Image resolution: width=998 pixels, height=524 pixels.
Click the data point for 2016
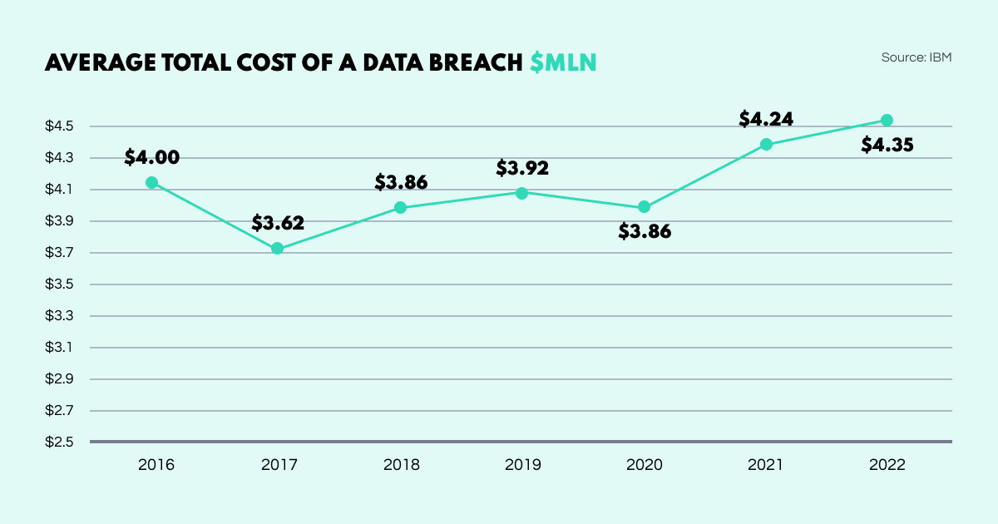(151, 182)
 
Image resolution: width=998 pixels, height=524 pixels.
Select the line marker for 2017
(278, 248)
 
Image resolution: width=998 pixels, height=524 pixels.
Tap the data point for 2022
(887, 120)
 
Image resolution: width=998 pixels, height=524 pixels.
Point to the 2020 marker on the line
(644, 207)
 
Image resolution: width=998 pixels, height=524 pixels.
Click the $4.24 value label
(766, 118)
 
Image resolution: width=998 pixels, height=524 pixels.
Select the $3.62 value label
(278, 222)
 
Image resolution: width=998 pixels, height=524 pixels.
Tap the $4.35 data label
(887, 145)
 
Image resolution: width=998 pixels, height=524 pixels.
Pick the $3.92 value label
(522, 168)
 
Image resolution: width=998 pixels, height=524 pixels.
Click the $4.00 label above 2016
(151, 156)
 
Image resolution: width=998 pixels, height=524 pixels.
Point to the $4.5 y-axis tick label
(60, 126)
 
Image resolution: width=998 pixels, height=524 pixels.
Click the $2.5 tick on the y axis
(60, 442)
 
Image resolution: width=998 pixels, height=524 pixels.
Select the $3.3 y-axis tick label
(60, 316)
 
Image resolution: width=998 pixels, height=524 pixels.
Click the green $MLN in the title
(563, 62)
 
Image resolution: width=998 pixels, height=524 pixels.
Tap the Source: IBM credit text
(916, 57)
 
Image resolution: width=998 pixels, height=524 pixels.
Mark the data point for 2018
(400, 207)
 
